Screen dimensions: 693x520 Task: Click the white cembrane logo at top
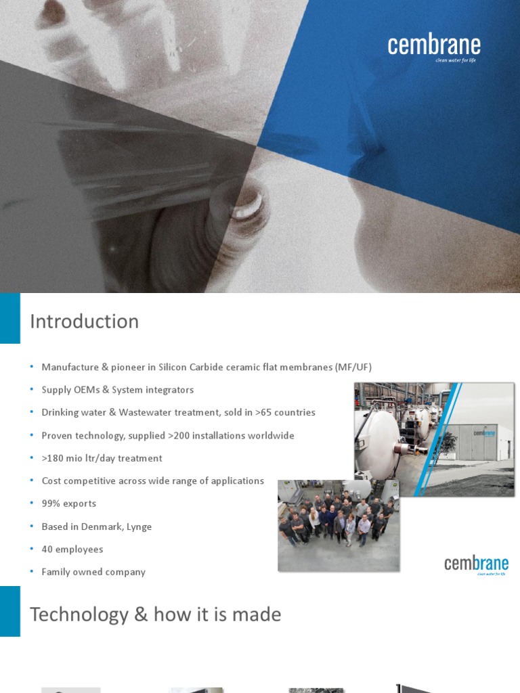pyautogui.click(x=434, y=47)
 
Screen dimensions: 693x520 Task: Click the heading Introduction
pyautogui.click(x=84, y=321)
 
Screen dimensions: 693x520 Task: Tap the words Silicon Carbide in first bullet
pyautogui.click(x=192, y=367)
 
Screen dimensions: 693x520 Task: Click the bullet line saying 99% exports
pyautogui.click(x=68, y=504)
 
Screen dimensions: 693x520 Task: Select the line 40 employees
pyautogui.click(x=72, y=550)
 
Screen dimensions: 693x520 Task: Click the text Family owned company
pyautogui.click(x=93, y=572)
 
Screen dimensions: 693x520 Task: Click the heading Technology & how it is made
pyautogui.click(x=155, y=614)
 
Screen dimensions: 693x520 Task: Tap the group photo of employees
pyautogui.click(x=338, y=525)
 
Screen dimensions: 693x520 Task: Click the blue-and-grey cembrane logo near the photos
pyautogui.click(x=476, y=564)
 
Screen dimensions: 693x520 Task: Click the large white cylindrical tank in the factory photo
pyautogui.click(x=377, y=444)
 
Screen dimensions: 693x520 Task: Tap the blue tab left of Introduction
pyautogui.click(x=9, y=318)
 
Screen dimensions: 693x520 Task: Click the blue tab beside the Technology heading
pyautogui.click(x=9, y=611)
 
